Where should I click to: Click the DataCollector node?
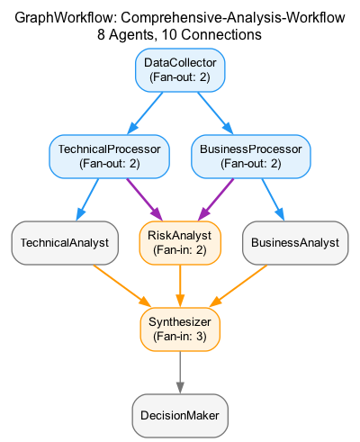pyautogui.click(x=180, y=70)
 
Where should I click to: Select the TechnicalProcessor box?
pyautogui.click(x=109, y=157)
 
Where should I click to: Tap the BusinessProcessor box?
pyautogui.click(x=251, y=157)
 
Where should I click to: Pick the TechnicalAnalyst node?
pyautogui.click(x=65, y=243)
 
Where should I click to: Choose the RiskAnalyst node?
pyautogui.click(x=180, y=243)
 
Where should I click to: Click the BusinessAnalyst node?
pyautogui.click(x=295, y=243)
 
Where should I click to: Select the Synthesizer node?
pyautogui.click(x=180, y=329)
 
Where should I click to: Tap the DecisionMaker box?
pyautogui.click(x=180, y=416)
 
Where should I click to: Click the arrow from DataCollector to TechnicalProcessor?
pyautogui.click(x=145, y=113)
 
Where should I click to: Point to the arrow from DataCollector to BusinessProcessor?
pyautogui.click(x=215, y=113)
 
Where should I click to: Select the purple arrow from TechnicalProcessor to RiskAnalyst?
pyautogui.click(x=144, y=200)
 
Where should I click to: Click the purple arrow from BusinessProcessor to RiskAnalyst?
pyautogui.click(x=216, y=200)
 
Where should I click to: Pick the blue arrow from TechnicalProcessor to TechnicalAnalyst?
pyautogui.click(x=87, y=200)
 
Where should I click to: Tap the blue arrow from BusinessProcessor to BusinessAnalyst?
pyautogui.click(x=273, y=200)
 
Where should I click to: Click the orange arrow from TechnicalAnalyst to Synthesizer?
pyautogui.click(x=121, y=286)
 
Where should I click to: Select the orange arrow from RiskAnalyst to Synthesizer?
pyautogui.click(x=180, y=286)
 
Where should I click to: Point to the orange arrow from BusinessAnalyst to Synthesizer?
pyautogui.click(x=238, y=286)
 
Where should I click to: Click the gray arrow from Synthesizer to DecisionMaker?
pyautogui.click(x=180, y=373)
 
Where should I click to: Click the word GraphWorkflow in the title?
pyautogui.click(x=65, y=18)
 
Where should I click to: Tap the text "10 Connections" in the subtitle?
pyautogui.click(x=211, y=35)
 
